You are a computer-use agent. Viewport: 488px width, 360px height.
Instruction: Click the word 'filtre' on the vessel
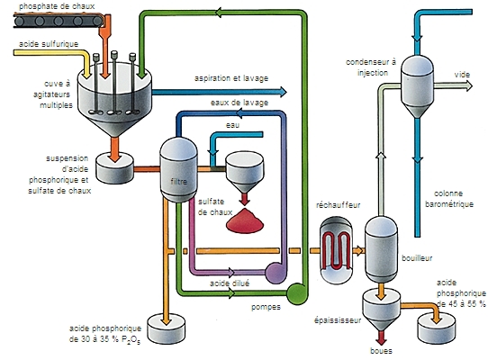point(177,182)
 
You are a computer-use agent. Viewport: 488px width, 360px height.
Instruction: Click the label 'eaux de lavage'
point(239,103)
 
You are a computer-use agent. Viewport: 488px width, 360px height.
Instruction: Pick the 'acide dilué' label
point(230,283)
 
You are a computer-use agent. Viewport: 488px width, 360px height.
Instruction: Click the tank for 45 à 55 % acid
point(438,327)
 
